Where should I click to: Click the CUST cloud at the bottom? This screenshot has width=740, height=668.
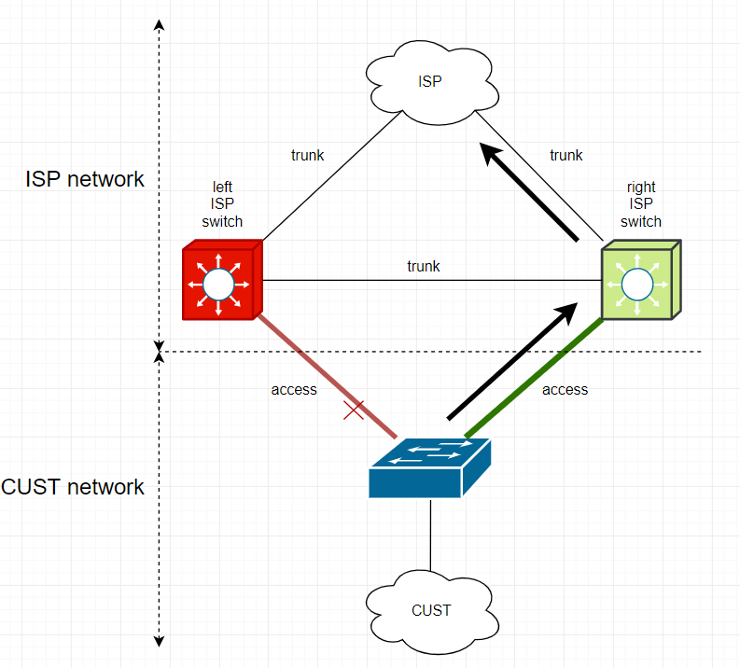[x=430, y=610]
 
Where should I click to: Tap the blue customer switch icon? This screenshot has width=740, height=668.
[x=429, y=466]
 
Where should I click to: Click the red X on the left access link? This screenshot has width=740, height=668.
[x=353, y=409]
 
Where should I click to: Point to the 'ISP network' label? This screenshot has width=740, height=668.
[x=85, y=179]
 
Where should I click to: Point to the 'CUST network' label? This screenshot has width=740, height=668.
[x=74, y=486]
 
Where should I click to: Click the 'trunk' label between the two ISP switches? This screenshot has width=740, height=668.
[x=423, y=266]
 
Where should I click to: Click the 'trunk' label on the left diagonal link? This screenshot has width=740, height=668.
[x=308, y=155]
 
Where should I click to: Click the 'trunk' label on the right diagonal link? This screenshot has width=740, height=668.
[x=565, y=155]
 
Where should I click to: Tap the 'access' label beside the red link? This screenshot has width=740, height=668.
[x=294, y=389]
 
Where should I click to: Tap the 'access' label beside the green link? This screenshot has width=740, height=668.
[x=565, y=389]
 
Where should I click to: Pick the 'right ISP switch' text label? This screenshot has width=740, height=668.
[x=641, y=204]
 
